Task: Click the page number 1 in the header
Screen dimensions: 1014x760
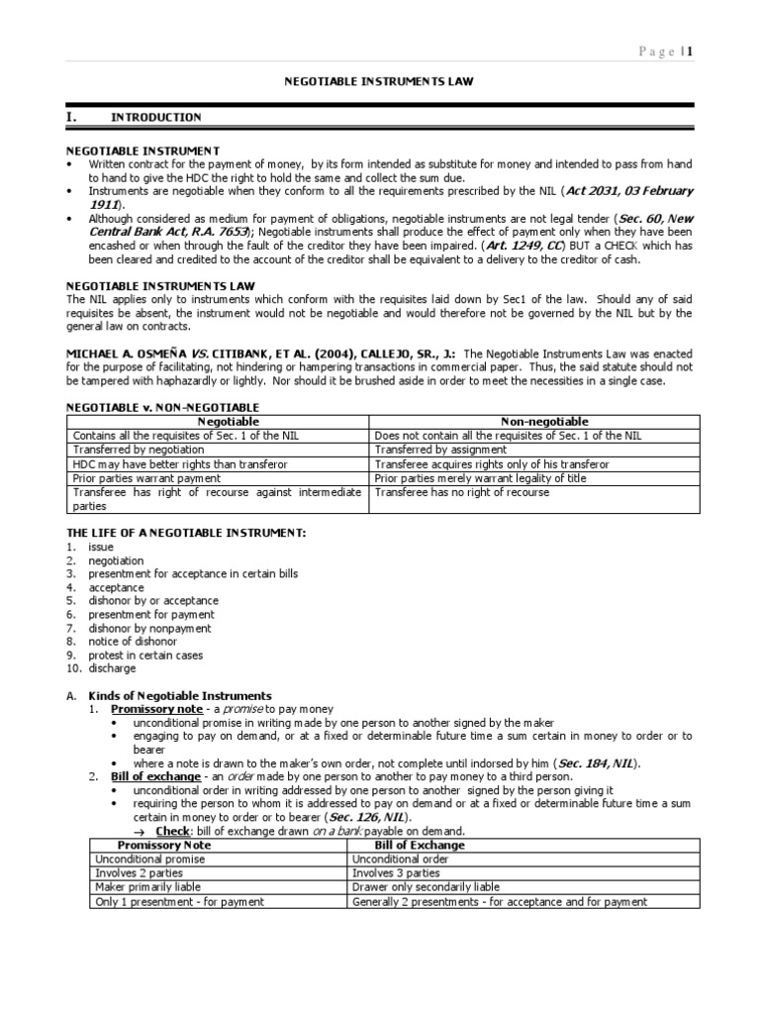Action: [691, 52]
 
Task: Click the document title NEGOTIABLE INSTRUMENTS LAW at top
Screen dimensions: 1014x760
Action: [379, 82]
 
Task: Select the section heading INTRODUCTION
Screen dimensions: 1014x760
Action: [155, 117]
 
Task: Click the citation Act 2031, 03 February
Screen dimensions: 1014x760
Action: [631, 190]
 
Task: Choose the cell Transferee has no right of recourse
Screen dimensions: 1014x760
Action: [462, 492]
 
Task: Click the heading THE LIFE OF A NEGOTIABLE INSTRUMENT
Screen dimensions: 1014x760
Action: [185, 533]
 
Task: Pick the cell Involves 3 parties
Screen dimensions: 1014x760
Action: [396, 873]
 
